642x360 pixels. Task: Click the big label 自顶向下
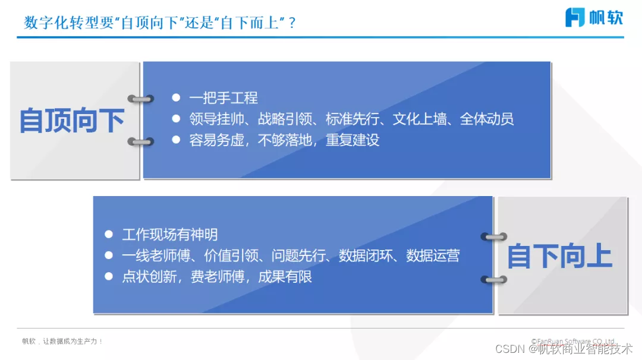tap(72, 121)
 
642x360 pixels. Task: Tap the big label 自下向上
tap(559, 257)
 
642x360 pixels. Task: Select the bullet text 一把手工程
tap(223, 98)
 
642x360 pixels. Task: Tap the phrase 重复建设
tap(353, 140)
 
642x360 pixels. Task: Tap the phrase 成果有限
tap(285, 277)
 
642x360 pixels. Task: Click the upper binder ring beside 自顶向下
tap(141, 99)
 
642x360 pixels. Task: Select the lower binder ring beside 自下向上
tap(493, 279)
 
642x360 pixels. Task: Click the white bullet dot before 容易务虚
tap(175, 140)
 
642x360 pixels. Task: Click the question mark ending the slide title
tap(291, 23)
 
